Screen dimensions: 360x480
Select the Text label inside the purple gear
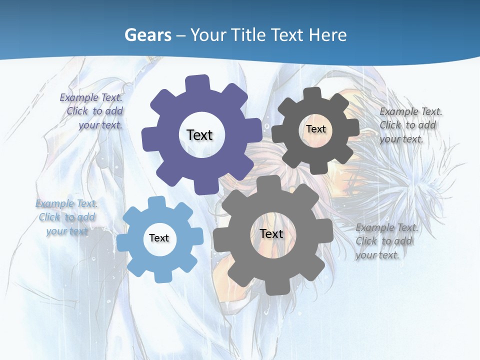click(199, 135)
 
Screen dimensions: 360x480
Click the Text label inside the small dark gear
click(315, 129)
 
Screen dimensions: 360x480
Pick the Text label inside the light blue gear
click(159, 238)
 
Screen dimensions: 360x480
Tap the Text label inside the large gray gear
click(271, 233)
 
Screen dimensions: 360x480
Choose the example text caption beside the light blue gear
click(67, 217)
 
